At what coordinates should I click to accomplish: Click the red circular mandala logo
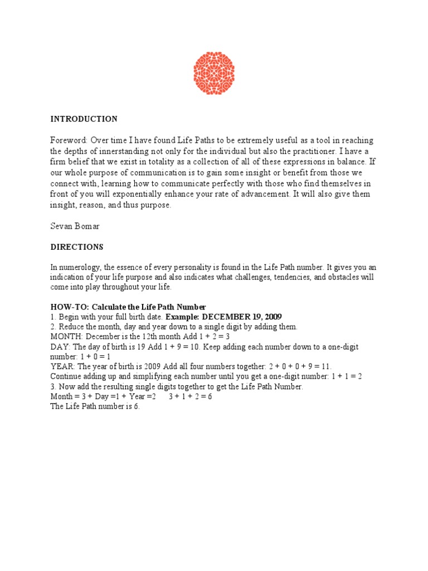click(x=214, y=73)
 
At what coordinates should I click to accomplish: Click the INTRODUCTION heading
click(x=84, y=119)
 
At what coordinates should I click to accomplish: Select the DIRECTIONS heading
click(x=77, y=247)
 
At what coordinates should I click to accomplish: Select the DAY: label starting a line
click(x=60, y=347)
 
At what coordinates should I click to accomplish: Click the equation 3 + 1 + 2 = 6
click(x=190, y=396)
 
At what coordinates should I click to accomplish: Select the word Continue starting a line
click(x=66, y=376)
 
